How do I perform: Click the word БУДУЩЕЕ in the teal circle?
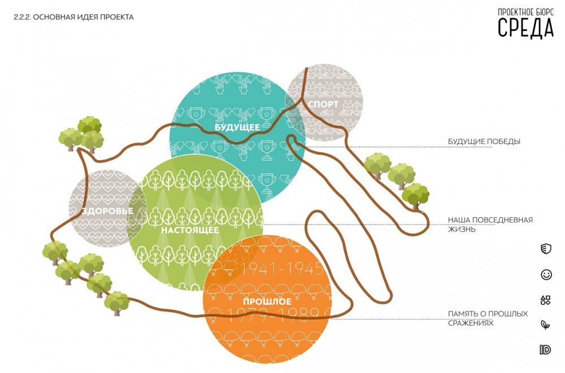coord(237,128)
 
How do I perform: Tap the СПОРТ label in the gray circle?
coord(324,104)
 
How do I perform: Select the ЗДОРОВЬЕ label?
coord(107,212)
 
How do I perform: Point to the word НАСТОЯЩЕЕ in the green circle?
coord(190,230)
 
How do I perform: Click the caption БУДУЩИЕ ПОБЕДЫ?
coord(484,141)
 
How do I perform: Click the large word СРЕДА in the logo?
coord(525,27)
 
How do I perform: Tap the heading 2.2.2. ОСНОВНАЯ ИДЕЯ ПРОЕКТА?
coord(73,17)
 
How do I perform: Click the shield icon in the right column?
coord(545,249)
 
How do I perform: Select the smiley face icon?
coord(546,275)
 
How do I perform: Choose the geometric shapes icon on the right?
coord(545,300)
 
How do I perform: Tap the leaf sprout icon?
coord(545,325)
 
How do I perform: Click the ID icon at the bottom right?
coord(545,350)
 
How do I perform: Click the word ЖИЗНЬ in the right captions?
coord(461,230)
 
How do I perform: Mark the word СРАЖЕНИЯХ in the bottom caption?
coord(471,323)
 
